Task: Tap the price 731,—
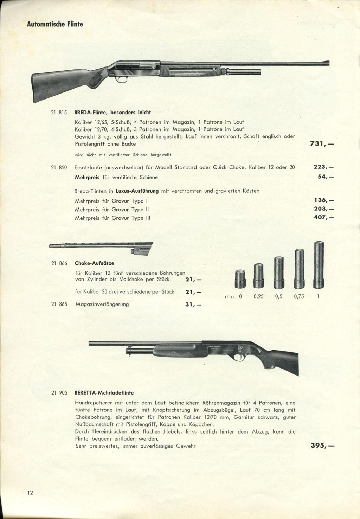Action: [x=321, y=144]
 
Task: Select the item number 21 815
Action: [x=59, y=113]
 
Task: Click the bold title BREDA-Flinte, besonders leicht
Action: [x=112, y=113]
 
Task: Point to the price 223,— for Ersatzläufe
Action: [x=323, y=167]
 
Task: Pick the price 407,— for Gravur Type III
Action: [x=323, y=218]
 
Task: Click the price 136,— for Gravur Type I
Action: [x=323, y=201]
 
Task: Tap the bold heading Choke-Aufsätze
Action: [x=95, y=263]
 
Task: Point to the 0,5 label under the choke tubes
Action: [x=279, y=296]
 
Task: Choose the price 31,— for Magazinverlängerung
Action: [x=193, y=305]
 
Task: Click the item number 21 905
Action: [x=59, y=393]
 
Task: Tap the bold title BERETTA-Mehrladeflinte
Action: [x=104, y=393]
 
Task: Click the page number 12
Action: [x=30, y=493]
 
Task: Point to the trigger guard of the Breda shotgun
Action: [x=122, y=79]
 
